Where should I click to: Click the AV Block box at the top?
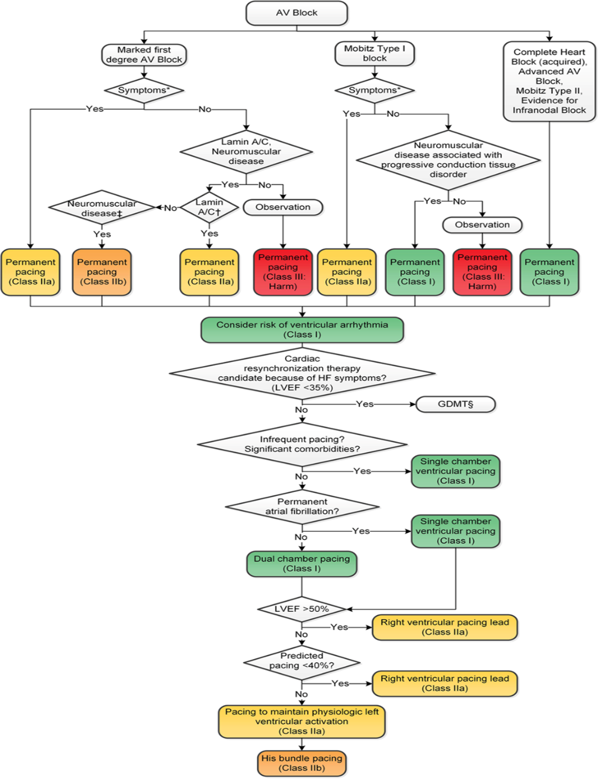coord(297,13)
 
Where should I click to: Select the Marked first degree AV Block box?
coord(144,55)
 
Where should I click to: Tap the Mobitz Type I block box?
coord(375,54)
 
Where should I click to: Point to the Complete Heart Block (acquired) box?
coord(549,81)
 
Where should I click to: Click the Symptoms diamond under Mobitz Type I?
coord(375,90)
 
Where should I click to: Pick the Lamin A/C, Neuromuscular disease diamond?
coord(246,152)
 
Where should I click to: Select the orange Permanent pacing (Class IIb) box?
coord(102,272)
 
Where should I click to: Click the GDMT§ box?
coord(455,404)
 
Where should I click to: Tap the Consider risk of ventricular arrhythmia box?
coord(302,330)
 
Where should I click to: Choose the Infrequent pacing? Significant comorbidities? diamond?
coord(302,444)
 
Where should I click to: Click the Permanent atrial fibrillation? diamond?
coord(302,506)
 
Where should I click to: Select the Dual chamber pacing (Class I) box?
coord(302,564)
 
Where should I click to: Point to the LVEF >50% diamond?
coord(302,609)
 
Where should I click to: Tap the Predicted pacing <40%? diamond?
coord(302,661)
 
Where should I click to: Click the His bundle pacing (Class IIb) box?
coord(302,763)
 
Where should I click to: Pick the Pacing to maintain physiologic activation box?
coord(302,721)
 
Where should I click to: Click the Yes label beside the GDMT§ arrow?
coord(365,404)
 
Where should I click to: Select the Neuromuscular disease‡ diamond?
coord(102,208)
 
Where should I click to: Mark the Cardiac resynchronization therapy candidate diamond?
coord(302,373)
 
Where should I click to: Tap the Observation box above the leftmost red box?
coord(283,207)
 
